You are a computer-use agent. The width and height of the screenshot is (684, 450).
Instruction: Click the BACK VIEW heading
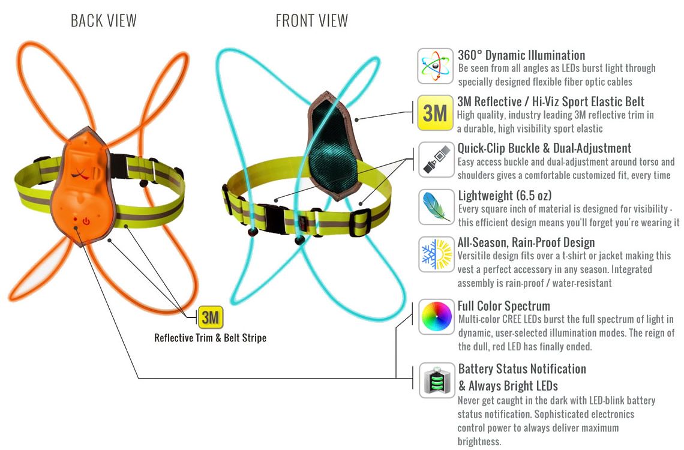pos(104,20)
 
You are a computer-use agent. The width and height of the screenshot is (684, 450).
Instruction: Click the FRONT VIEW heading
pos(312,20)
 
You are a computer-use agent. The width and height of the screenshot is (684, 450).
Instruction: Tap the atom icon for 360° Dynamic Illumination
pos(435,66)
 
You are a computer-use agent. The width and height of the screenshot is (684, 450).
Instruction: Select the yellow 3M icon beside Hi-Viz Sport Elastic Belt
pos(435,113)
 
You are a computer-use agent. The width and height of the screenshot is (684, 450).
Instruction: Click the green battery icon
pos(437,380)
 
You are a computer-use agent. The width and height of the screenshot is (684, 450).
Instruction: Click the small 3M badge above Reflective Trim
pos(211,317)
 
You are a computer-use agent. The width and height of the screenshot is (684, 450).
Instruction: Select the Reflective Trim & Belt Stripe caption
pos(210,338)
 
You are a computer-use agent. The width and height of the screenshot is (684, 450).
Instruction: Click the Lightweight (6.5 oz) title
pos(505,196)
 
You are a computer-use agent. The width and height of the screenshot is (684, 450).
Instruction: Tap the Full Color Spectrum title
pos(504,305)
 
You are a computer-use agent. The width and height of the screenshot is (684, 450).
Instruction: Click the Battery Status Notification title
pos(522,369)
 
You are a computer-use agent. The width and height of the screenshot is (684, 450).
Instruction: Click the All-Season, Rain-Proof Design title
pos(526,242)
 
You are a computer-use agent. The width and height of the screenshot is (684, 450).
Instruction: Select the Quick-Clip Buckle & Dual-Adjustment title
pos(544,148)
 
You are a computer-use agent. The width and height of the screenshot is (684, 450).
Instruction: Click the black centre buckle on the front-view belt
pos(275,216)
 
